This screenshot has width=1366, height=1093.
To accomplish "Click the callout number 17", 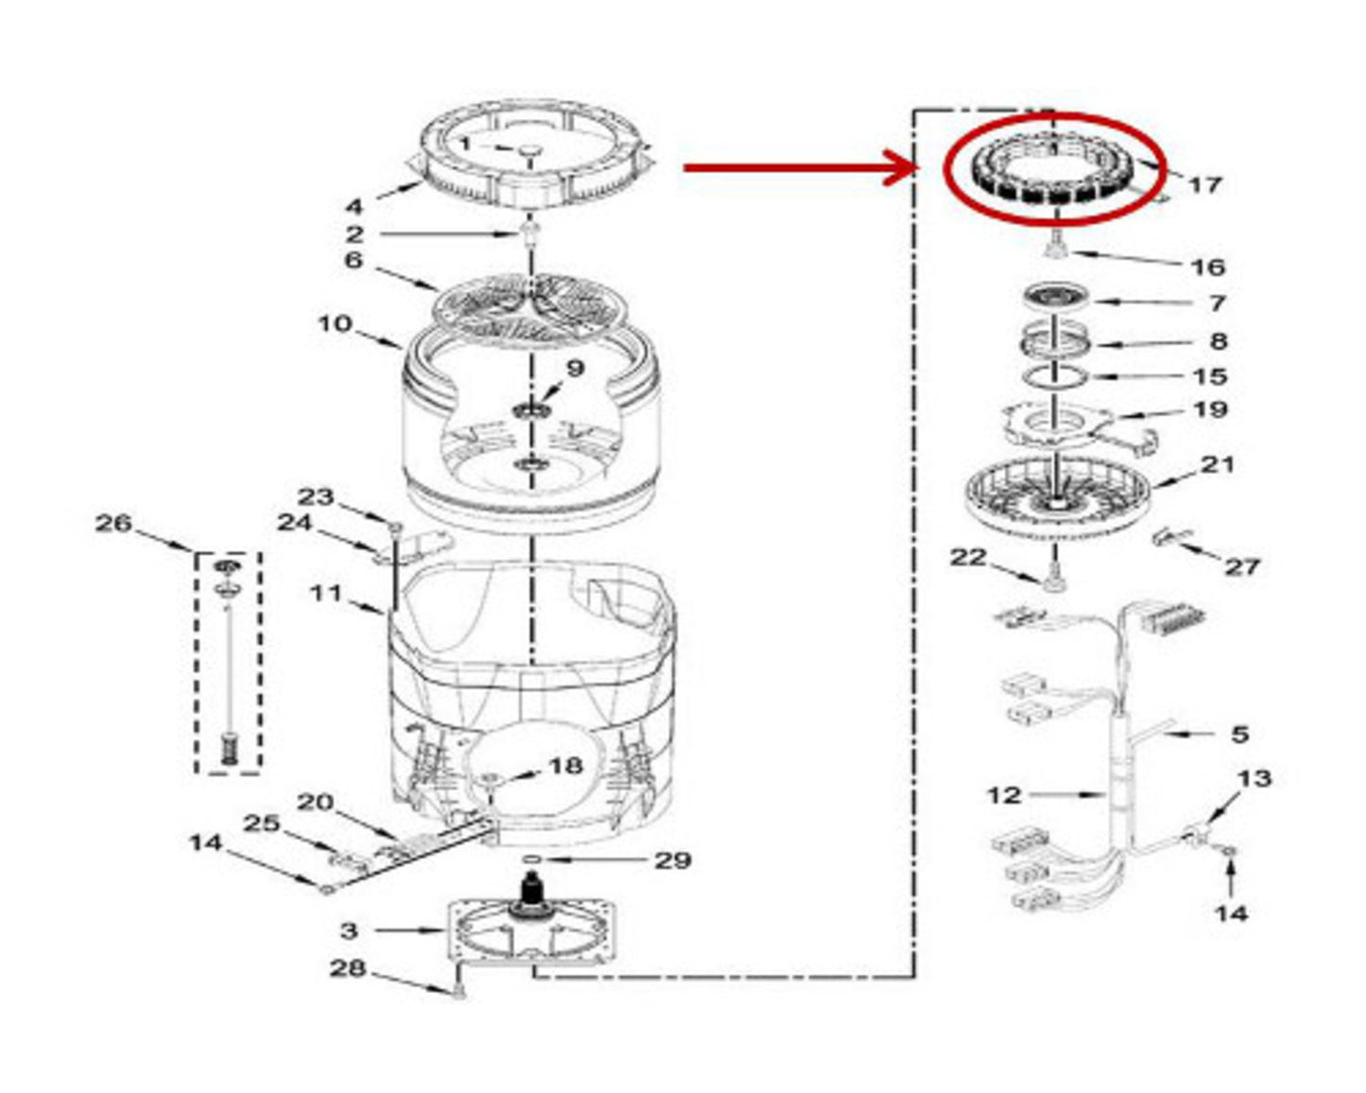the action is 1204,184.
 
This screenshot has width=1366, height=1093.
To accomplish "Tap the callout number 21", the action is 1217,464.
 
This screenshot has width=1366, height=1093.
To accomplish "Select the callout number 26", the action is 113,523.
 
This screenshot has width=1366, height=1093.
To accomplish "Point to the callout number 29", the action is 673,860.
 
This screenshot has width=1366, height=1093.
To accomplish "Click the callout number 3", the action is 349,931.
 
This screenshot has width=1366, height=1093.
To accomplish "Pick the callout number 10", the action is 336,324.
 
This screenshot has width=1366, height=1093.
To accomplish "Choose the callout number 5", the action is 1239,734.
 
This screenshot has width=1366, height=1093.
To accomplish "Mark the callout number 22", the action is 968,558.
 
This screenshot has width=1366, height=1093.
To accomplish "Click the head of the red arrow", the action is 901,167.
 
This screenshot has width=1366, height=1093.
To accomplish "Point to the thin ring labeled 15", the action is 1054,377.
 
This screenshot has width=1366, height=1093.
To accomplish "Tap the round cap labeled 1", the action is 530,150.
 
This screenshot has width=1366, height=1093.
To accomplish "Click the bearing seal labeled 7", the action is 1056,296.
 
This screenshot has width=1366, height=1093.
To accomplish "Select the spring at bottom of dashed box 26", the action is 227,750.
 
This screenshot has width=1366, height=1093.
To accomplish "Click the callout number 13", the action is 1254,778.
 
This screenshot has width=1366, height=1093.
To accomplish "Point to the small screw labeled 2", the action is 530,234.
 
